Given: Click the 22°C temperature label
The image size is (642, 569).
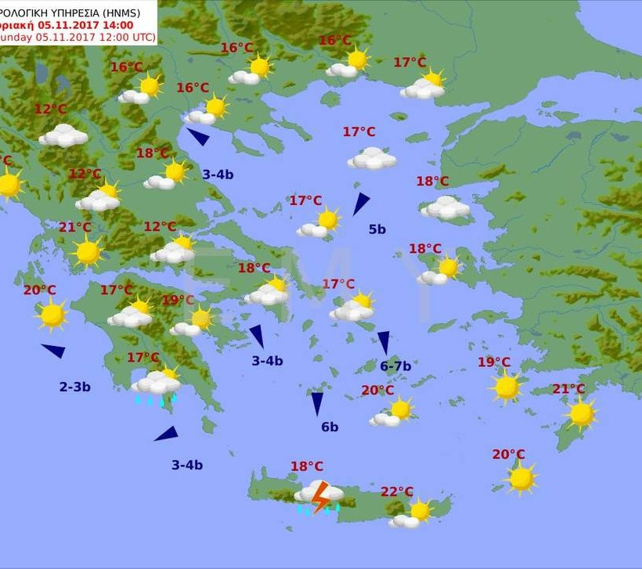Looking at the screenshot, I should pyautogui.click(x=397, y=492).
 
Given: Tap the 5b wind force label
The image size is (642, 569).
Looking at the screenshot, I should pyautogui.click(x=377, y=229).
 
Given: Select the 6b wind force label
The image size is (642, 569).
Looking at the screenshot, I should pyautogui.click(x=330, y=427).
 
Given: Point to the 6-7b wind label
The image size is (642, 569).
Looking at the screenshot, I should pyautogui.click(x=395, y=366).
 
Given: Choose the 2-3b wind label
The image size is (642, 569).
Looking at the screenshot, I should pyautogui.click(x=75, y=387).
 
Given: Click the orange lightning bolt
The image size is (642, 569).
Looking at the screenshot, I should pyautogui.click(x=319, y=498).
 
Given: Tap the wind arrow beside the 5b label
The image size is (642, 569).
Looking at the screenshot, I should pyautogui.click(x=360, y=203).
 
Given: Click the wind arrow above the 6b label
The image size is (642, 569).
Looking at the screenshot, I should pyautogui.click(x=317, y=403).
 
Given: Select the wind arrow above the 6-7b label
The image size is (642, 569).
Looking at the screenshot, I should pyautogui.click(x=384, y=341).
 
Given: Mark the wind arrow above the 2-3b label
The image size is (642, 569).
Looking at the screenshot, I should pyautogui.click(x=53, y=351).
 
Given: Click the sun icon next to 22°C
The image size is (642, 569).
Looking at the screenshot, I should pyautogui.click(x=420, y=511).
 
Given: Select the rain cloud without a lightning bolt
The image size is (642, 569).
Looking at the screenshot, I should pyautogui.click(x=156, y=385).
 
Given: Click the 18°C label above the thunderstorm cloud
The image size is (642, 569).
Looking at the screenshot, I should pyautogui.click(x=307, y=466).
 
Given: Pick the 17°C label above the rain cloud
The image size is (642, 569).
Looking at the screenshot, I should pyautogui.click(x=143, y=358).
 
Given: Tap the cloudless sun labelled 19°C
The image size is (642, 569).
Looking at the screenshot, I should pyautogui.click(x=507, y=387).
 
